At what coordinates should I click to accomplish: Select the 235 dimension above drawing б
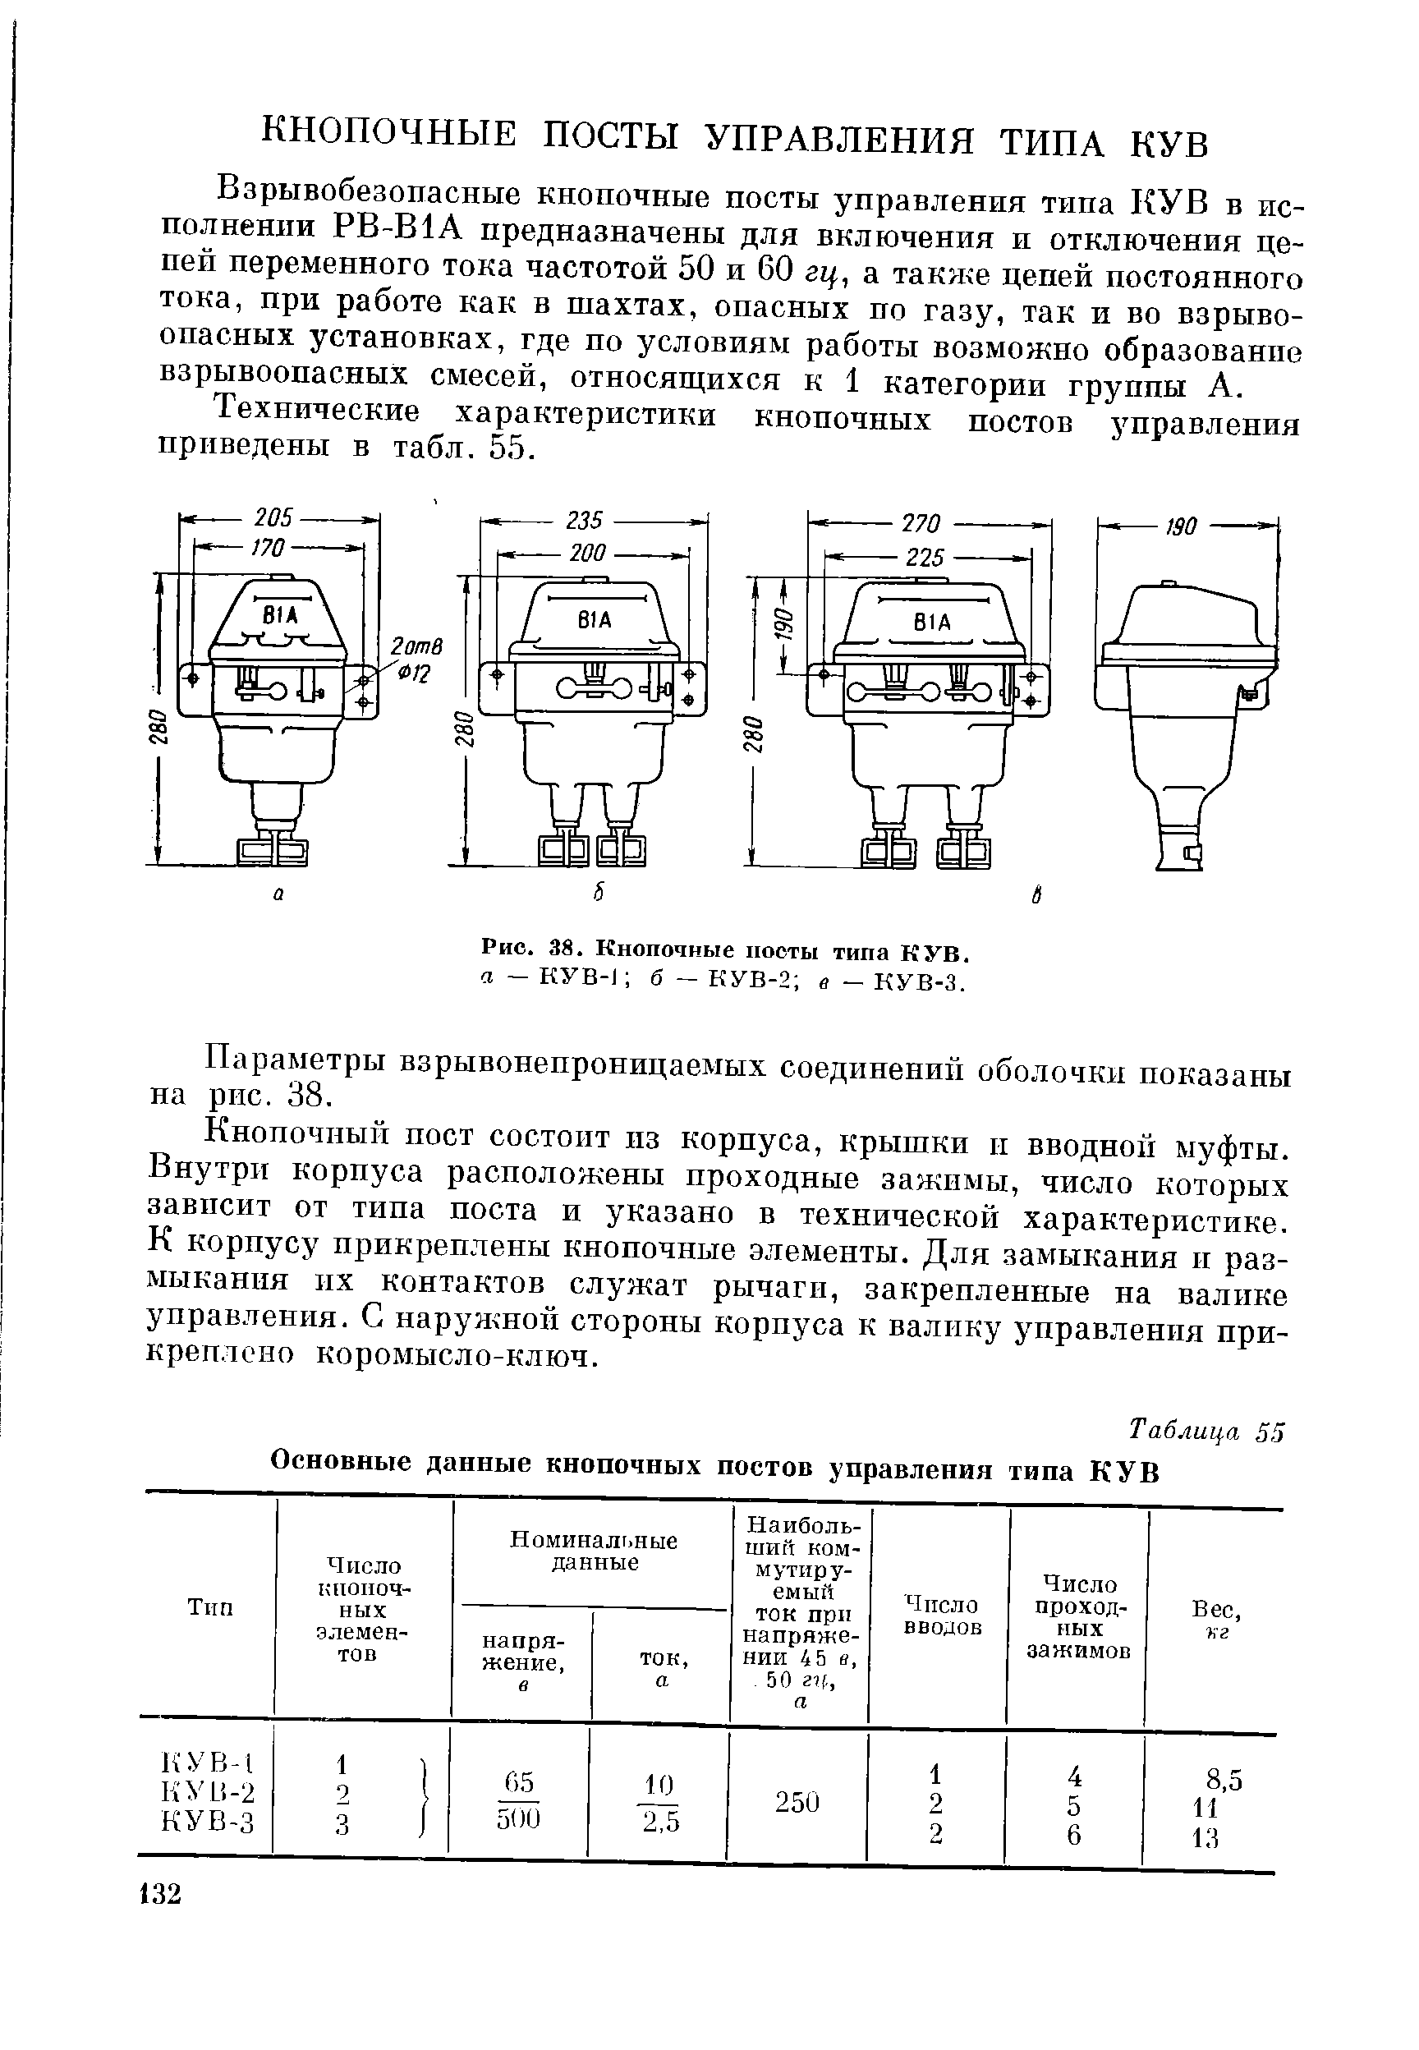coord(584,520)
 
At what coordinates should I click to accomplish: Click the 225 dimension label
coord(924,558)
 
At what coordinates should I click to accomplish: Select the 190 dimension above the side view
coord(1179,527)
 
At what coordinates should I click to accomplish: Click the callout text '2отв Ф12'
coord(407,659)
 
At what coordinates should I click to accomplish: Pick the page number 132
coord(161,1893)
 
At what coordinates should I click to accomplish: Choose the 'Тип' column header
coord(211,1606)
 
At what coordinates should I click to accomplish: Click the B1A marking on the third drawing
coord(931,623)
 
